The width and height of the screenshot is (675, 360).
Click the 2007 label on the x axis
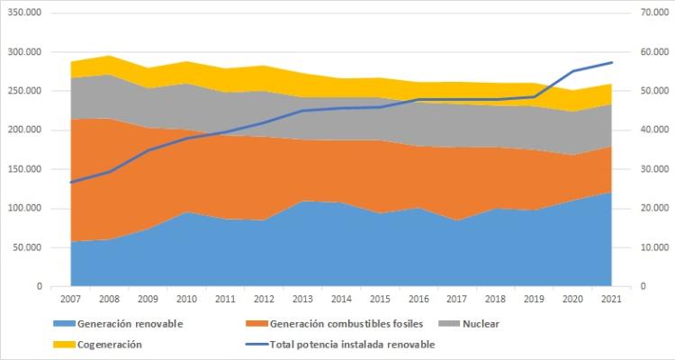[70, 298]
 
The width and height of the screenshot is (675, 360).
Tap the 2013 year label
[302, 298]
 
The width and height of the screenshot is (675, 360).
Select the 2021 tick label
[612, 298]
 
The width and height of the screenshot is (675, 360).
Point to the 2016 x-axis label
[418, 298]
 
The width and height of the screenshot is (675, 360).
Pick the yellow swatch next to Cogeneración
[66, 344]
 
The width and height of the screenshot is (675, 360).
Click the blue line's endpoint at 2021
[612, 62]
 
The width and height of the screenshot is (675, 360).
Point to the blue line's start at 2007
[70, 183]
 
